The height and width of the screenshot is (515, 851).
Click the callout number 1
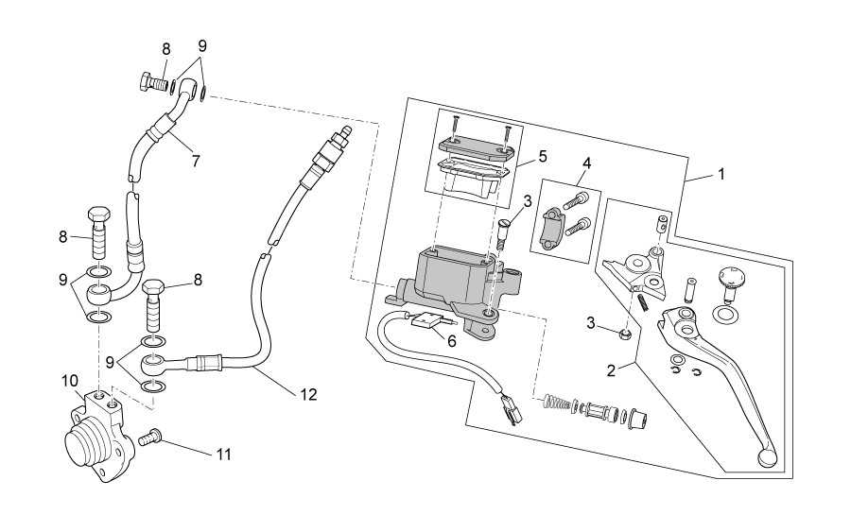tap(721, 175)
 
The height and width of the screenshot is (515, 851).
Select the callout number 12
tap(308, 395)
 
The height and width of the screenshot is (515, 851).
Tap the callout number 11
tap(224, 455)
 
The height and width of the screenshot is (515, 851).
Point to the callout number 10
tap(70, 381)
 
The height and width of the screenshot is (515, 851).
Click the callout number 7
tap(196, 161)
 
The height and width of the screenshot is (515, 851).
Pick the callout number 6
tap(452, 341)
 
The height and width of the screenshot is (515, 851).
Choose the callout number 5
tap(542, 157)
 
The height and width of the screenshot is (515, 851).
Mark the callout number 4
tap(586, 163)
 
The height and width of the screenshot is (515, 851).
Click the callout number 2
tap(611, 370)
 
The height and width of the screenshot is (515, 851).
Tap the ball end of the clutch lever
tap(766, 456)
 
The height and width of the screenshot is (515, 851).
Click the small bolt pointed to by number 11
tap(148, 437)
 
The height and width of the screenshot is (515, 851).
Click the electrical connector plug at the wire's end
tap(512, 410)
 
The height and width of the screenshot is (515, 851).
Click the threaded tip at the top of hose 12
tap(343, 133)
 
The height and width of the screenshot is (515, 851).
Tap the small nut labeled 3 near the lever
tap(625, 333)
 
